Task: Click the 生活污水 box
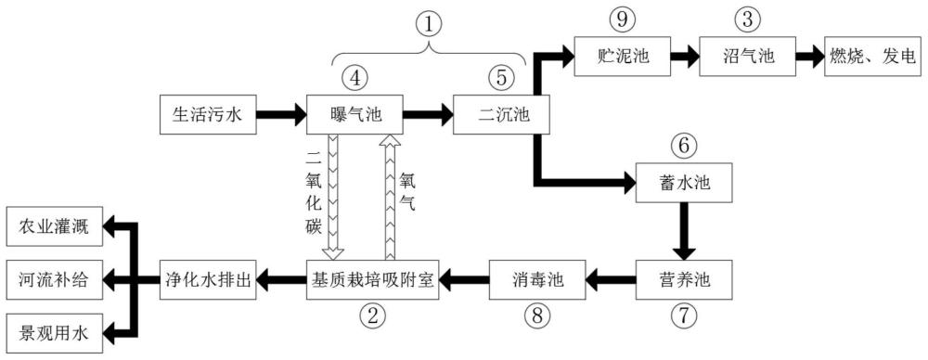[x=208, y=114]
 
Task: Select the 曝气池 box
[x=354, y=114]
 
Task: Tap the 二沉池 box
[x=502, y=114]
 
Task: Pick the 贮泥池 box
[x=622, y=57]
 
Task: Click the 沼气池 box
[x=747, y=57]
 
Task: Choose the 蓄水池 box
[x=684, y=183]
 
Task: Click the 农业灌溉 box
[x=54, y=225]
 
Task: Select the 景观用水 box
[x=54, y=333]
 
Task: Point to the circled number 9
[x=622, y=19]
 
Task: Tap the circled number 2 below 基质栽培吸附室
[x=373, y=316]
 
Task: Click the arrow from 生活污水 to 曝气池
[x=281, y=114]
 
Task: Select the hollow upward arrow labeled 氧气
[x=390, y=197]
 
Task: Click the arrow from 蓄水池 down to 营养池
[x=684, y=231]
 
